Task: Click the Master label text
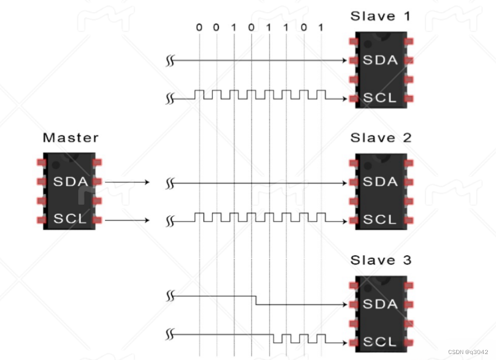tap(71, 137)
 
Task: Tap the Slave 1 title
tap(380, 16)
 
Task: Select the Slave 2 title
tap(380, 138)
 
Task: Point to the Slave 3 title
tap(380, 260)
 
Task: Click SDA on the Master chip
tap(71, 182)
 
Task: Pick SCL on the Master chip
tap(71, 219)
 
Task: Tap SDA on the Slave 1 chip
tap(380, 60)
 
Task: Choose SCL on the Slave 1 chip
tap(380, 98)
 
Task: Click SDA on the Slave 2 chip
tap(380, 182)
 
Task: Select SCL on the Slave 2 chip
tap(380, 220)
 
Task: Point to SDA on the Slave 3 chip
tap(380, 304)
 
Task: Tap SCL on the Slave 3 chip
tap(380, 342)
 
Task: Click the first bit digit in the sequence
tap(199, 27)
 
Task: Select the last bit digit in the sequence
tap(321, 27)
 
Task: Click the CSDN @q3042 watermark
tap(468, 352)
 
